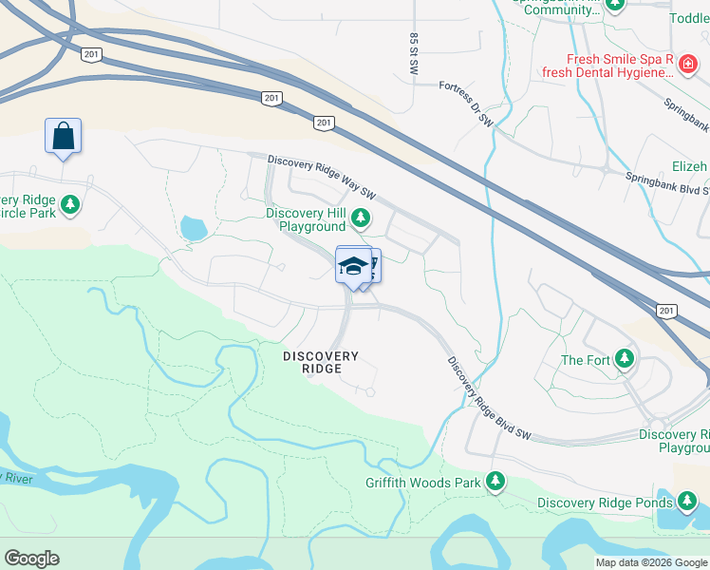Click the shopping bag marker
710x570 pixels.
63,136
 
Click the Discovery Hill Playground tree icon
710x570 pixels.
360,218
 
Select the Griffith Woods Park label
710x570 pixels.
423,483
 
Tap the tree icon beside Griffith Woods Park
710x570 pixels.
495,482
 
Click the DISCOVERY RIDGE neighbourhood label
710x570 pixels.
321,362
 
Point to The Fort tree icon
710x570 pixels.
624,359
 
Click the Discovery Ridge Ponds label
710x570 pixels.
605,503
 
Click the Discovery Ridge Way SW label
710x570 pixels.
322,178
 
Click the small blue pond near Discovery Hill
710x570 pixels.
193,228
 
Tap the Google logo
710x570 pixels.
31,559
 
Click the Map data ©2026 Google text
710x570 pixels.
650,562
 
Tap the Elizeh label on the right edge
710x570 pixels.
689,166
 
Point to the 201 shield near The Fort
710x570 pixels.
667,312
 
